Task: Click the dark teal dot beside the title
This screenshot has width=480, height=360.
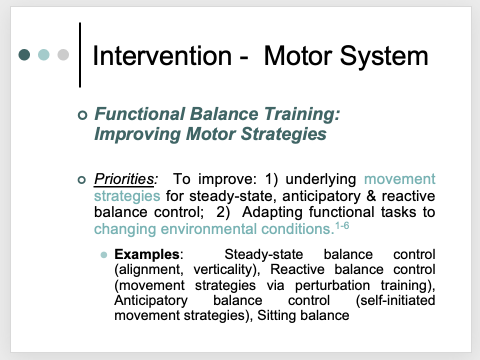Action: (24, 54)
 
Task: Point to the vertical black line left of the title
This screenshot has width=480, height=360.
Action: (80, 54)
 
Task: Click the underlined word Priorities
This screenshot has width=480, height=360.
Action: (125, 179)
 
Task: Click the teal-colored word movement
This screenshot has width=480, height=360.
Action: (400, 179)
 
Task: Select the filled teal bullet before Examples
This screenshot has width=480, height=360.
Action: (104, 254)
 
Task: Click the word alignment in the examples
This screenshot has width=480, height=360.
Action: (147, 269)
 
